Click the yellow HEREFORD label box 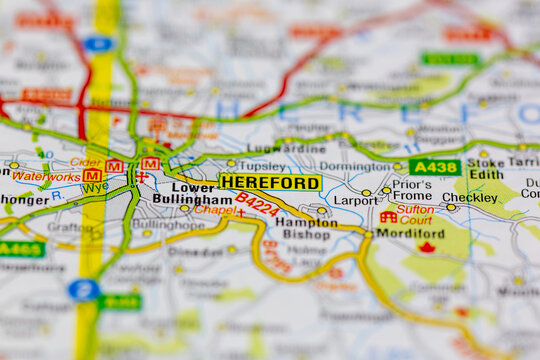tap(270, 183)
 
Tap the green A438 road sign tap(435, 167)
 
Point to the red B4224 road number tap(257, 205)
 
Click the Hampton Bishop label tap(306, 228)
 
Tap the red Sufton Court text tap(415, 214)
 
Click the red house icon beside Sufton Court tap(388, 216)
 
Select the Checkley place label tap(469, 198)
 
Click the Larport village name tap(355, 200)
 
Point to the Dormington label tap(354, 167)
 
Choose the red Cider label tap(85, 162)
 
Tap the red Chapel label tap(214, 211)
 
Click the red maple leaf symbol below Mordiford tap(427, 247)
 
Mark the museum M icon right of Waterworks tap(92, 175)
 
